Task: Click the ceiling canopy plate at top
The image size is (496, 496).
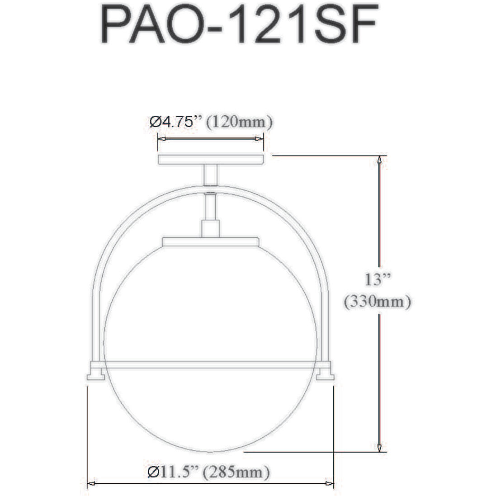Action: pos(211,159)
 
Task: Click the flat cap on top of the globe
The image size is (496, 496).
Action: pos(211,241)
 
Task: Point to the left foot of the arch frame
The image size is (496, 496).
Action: pos(95,375)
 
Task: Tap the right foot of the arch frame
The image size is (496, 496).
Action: pos(326,375)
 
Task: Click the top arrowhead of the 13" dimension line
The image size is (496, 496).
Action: pos(380,159)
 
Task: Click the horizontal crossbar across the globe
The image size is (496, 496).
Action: pos(211,364)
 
